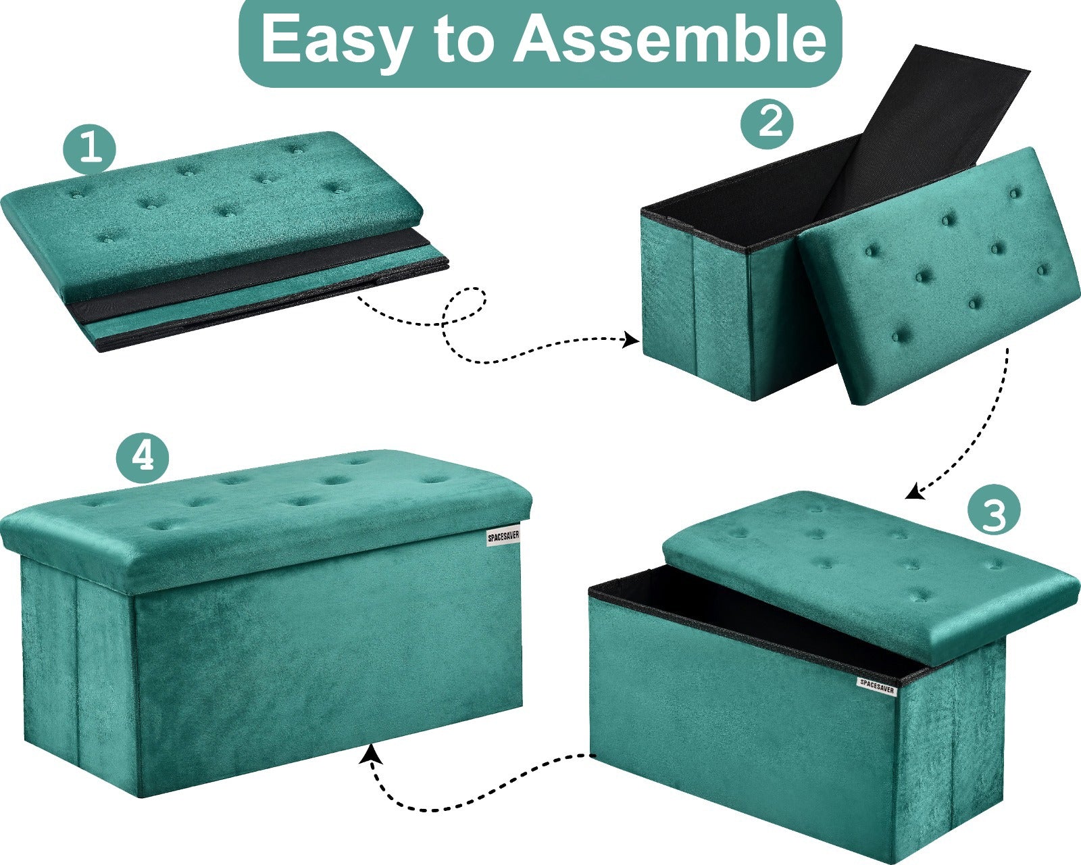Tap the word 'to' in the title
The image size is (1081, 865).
462,41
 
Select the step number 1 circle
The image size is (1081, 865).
89,149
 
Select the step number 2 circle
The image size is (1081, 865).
767,122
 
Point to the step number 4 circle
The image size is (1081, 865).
143,458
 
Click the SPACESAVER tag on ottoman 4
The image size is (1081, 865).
503,537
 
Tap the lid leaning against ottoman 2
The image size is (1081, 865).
938,276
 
